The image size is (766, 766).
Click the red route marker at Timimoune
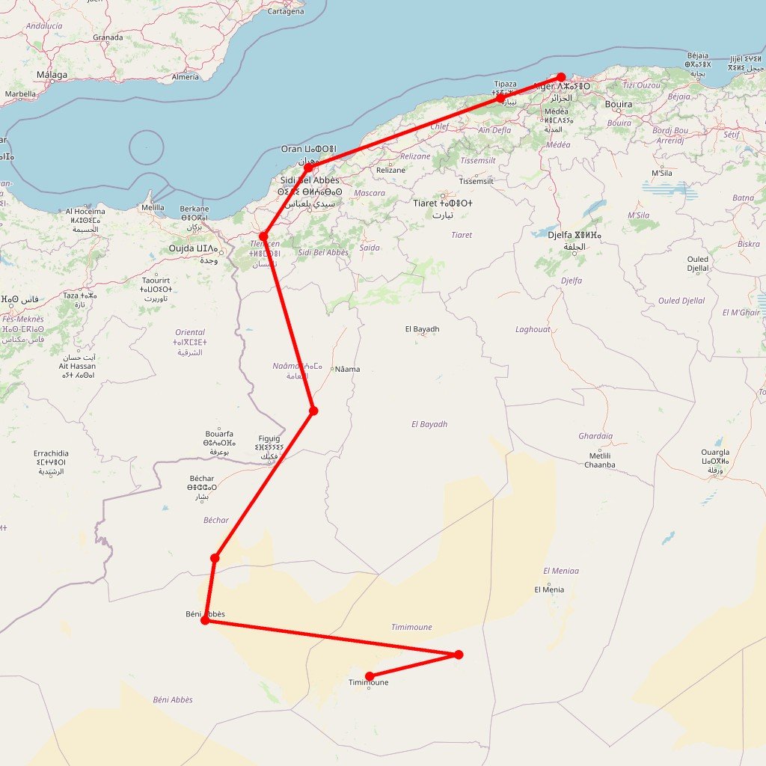(370, 676)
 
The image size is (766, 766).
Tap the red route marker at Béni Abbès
(205, 621)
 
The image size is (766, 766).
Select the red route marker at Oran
(307, 168)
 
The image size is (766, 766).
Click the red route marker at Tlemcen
(263, 236)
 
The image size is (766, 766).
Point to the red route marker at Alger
(561, 77)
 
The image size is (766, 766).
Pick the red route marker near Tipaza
(500, 98)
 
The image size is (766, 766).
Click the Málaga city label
(52, 75)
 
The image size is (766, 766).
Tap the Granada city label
(108, 37)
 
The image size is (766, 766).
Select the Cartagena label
(286, 11)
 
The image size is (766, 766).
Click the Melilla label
(153, 207)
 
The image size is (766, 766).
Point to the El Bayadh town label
(423, 329)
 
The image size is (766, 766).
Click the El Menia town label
(549, 589)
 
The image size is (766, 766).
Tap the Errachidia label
(51, 453)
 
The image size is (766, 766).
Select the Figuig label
(269, 438)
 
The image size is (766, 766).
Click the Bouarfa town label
(219, 434)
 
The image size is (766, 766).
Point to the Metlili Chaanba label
(600, 460)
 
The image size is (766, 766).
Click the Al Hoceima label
(85, 212)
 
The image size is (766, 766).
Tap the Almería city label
(186, 77)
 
